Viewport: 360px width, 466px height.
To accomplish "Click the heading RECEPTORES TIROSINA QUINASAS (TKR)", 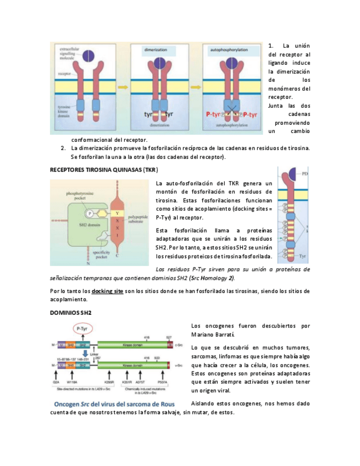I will pyautogui.click(x=103, y=171).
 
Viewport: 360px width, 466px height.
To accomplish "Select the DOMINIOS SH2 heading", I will pyautogui.click(x=70, y=312).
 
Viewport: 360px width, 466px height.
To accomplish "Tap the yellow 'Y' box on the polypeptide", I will pyautogui.click(x=116, y=213).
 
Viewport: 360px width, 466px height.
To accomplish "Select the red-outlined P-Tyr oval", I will pyautogui.click(x=82, y=328).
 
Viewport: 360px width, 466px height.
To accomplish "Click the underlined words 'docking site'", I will pyautogui.click(x=107, y=290).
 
